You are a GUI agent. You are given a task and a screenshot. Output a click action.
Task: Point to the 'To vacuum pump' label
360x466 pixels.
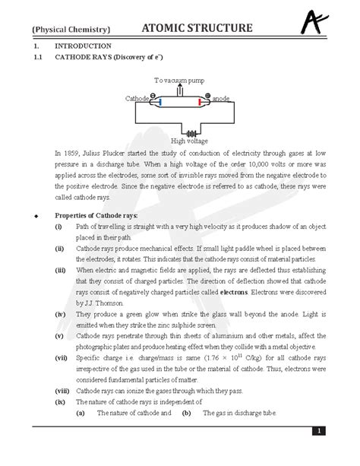pos(179,80)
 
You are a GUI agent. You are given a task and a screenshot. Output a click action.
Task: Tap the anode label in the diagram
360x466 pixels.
pos(221,99)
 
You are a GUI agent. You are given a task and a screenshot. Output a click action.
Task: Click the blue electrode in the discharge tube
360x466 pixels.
pos(156,100)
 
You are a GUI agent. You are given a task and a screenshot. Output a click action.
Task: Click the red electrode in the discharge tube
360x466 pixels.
pos(200,100)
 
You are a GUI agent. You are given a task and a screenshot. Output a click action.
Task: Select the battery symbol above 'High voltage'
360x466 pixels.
pos(178,131)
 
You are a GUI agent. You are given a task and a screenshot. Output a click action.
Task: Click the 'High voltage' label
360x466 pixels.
pos(178,141)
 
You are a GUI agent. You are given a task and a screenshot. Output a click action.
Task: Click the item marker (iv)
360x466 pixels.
pos(59,313)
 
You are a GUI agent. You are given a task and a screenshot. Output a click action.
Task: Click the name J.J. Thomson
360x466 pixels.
pos(101,302)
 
